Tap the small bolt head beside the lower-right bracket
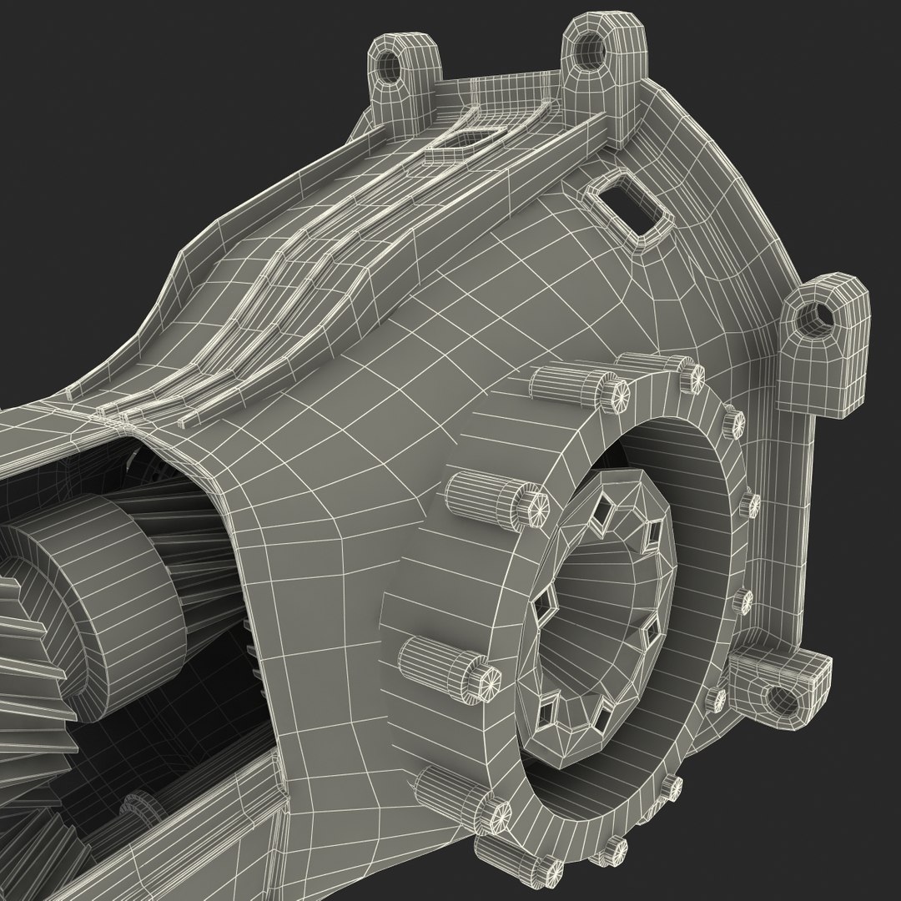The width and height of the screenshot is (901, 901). [715, 699]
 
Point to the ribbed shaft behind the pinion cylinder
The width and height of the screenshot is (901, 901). [184, 534]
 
